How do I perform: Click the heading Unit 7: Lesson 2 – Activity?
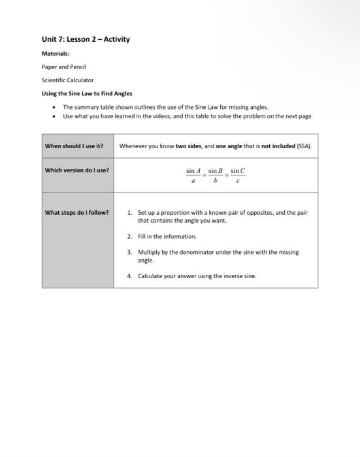point(86,39)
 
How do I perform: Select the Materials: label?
point(56,54)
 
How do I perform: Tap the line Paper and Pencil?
point(64,67)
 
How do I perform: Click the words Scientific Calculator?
point(68,80)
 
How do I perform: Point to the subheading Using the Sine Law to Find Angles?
point(87,93)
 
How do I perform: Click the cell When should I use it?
point(74,146)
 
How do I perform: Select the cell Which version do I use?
point(76,170)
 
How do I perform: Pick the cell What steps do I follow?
point(76,212)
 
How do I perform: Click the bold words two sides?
point(189,146)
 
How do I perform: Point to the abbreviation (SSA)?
point(304,146)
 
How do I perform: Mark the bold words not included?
point(278,146)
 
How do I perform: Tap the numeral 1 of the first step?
point(129,212)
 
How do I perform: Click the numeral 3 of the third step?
point(129,252)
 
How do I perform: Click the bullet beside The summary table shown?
point(53,107)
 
